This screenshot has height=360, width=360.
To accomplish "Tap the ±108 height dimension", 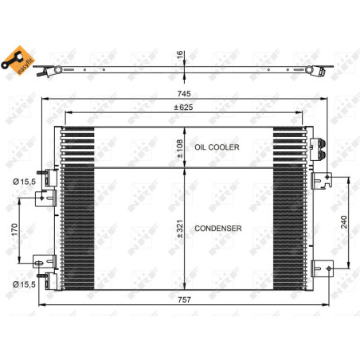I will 179,147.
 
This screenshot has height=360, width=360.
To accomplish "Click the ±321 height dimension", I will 179,229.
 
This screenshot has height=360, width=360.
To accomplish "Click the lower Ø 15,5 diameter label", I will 23,283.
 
